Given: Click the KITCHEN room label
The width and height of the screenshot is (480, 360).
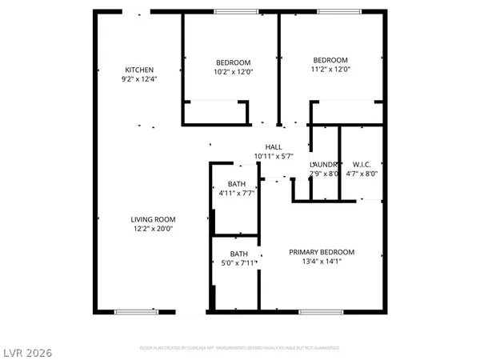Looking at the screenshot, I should [x=139, y=70].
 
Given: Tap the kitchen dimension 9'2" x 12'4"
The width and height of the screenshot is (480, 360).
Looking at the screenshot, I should [x=139, y=78].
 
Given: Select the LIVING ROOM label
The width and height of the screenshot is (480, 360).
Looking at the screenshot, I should [x=154, y=219].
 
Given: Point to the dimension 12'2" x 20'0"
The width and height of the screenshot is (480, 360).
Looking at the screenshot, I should [x=154, y=228].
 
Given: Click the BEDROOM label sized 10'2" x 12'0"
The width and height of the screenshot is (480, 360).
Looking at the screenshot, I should [x=234, y=62].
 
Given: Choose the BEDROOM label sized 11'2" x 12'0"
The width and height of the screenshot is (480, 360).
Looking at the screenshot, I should [x=330, y=61].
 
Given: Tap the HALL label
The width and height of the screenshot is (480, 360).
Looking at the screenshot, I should [x=274, y=147].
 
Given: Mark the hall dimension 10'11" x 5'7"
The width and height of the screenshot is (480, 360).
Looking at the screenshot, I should [x=274, y=156].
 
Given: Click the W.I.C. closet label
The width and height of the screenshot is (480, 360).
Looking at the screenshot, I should [x=362, y=165].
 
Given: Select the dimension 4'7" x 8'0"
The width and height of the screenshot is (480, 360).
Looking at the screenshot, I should [x=362, y=174].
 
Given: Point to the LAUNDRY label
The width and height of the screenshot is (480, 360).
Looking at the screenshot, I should [x=324, y=165].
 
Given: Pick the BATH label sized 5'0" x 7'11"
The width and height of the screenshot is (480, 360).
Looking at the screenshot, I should [x=239, y=254].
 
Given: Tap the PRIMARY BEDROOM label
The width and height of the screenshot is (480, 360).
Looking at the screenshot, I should [x=322, y=252].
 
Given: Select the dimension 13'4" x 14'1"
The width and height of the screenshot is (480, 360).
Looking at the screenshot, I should [x=322, y=261].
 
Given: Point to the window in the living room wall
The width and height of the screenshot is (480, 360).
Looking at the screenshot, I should [x=134, y=312].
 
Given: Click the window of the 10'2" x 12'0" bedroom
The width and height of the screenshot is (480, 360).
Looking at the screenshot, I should [x=232, y=11].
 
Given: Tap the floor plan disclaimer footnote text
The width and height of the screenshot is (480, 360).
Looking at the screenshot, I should [x=240, y=348].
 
